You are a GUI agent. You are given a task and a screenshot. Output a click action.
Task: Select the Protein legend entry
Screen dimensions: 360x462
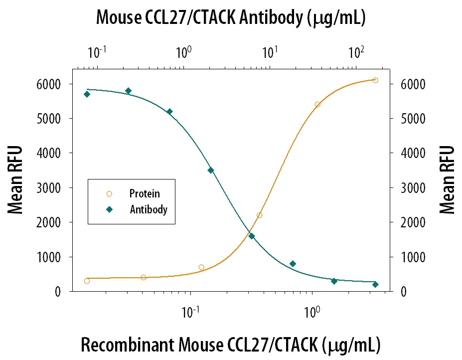click(x=145, y=193)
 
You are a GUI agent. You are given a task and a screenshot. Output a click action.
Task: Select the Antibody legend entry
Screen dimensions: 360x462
click(x=149, y=209)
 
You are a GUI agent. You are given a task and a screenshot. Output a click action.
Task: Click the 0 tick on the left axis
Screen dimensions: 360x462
click(x=59, y=292)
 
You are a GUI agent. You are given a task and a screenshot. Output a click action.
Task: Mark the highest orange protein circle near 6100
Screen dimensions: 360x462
click(x=375, y=80)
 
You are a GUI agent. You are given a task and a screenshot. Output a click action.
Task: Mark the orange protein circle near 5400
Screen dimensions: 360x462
click(x=317, y=104)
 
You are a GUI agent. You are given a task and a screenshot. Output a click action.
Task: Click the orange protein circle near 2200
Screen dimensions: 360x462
click(x=259, y=215)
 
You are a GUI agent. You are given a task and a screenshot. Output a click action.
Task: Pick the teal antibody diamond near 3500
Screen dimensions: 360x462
click(x=211, y=170)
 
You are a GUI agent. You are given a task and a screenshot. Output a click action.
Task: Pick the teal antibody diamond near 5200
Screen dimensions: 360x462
click(x=169, y=111)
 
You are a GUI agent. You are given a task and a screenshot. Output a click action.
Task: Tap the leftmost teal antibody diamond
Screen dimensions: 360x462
click(x=87, y=94)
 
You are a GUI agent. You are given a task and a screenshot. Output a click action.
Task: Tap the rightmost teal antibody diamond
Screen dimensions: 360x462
click(x=375, y=284)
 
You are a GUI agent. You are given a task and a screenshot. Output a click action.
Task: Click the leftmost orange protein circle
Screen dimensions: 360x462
click(x=87, y=281)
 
